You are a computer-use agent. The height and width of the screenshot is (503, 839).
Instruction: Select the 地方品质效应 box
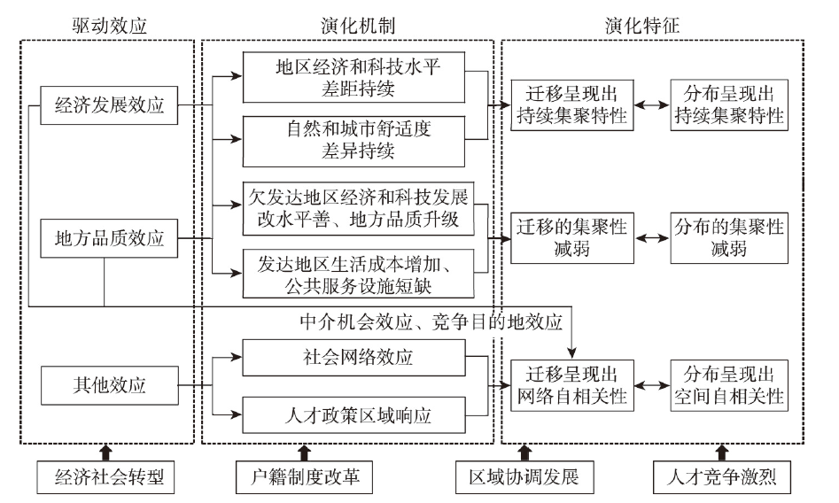110,238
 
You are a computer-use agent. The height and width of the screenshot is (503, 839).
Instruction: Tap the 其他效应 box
110,385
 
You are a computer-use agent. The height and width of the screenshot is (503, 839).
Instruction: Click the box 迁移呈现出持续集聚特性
572,104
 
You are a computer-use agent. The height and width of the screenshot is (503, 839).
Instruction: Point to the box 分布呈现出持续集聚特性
728,104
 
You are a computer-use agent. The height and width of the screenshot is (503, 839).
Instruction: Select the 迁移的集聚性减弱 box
572,238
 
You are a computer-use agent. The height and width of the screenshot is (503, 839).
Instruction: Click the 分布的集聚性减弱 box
728,238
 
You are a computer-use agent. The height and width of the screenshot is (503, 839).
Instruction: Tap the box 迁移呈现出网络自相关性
572,385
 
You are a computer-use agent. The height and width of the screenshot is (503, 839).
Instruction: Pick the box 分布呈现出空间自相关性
728,385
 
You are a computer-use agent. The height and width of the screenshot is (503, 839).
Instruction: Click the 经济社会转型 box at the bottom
104,479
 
